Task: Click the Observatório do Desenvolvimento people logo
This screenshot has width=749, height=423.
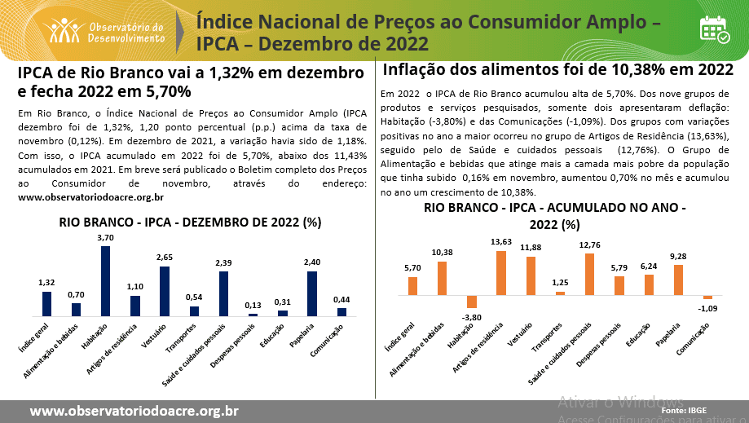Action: (64, 29)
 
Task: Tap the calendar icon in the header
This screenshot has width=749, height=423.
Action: (715, 29)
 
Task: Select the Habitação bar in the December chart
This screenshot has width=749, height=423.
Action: (106, 280)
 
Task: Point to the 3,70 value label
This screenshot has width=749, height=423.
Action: (106, 237)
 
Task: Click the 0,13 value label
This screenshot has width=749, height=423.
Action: (253, 306)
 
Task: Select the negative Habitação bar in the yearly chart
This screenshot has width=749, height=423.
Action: (471, 302)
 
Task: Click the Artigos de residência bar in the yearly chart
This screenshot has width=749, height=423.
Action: (501, 273)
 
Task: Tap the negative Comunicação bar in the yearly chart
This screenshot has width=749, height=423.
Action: (707, 297)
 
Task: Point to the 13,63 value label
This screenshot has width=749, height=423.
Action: (501, 242)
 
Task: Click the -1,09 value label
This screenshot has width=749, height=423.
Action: (708, 308)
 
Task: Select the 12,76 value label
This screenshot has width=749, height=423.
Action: (589, 245)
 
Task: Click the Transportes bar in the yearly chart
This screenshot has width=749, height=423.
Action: (560, 293)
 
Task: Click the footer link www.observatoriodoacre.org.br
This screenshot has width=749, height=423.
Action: (134, 411)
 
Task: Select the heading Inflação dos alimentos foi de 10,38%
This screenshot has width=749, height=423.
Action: (557, 69)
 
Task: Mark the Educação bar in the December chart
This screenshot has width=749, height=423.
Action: (283, 312)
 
